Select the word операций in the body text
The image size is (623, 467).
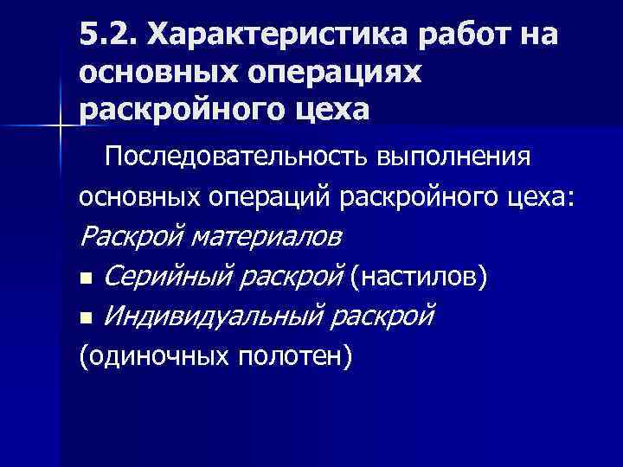[270, 197]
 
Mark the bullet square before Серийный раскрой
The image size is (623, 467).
[84, 279]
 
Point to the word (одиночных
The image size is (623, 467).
[152, 355]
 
